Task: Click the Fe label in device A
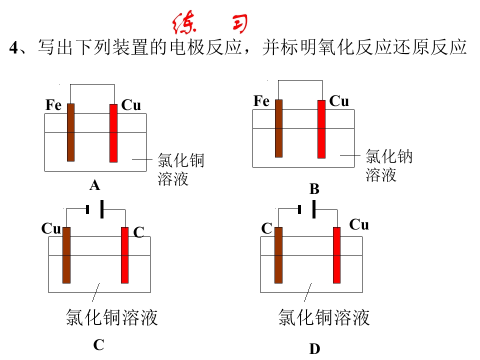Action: tap(53, 105)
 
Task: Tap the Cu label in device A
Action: tap(131, 105)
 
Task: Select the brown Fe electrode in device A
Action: tap(70, 132)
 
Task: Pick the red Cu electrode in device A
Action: tap(113, 133)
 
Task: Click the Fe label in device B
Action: tap(261, 101)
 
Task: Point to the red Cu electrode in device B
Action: tap(321, 129)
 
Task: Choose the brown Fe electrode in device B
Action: tap(278, 128)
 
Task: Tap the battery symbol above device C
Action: tap(95, 209)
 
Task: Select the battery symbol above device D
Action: tap(307, 209)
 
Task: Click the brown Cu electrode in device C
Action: tap(66, 255)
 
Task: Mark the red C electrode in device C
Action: tap(125, 255)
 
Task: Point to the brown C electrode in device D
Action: tap(278, 255)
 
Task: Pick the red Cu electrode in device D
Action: tap(336, 255)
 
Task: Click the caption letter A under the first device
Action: tap(95, 185)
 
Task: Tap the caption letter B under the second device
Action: tap(314, 189)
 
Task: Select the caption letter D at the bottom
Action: tap(314, 349)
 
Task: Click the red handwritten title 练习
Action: tap(210, 22)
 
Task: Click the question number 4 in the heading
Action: tap(14, 48)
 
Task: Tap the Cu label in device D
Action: tap(359, 224)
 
